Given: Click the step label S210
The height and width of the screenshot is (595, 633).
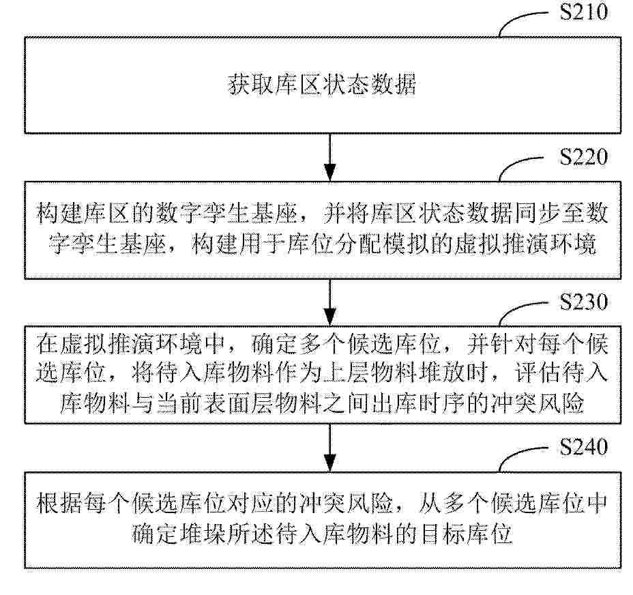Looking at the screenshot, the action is (583, 12).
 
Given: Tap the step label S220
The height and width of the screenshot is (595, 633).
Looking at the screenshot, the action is (583, 157).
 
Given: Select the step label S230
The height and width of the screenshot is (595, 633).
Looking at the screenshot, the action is (583, 302).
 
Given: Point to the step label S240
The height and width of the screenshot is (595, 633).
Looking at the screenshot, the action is (583, 447).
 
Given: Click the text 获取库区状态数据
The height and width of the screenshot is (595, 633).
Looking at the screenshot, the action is (322, 84).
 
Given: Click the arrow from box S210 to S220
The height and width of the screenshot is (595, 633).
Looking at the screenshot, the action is (330, 158).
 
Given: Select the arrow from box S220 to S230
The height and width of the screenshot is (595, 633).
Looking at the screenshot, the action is (330, 302).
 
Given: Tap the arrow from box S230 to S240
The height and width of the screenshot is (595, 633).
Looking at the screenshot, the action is (330, 448).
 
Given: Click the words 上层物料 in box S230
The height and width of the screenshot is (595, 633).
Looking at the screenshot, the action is (369, 373).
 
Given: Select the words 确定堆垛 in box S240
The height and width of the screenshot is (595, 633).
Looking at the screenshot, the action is (179, 534).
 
